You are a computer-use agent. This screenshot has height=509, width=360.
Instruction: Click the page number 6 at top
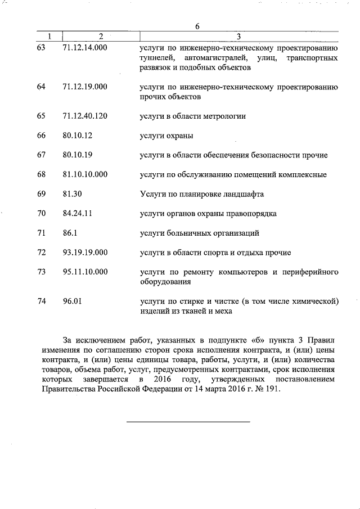coord(197,26)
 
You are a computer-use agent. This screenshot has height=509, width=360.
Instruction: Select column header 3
coord(238,37)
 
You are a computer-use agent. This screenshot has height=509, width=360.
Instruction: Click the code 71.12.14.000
coord(85,48)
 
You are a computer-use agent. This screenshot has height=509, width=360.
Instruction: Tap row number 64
coord(40,87)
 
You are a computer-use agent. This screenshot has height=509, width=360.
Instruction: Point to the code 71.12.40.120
coord(85,116)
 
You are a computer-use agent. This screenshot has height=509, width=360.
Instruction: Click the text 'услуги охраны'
coord(166,136)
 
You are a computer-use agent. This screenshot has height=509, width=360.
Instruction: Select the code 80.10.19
coord(78,155)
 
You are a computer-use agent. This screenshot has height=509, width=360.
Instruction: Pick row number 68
coord(40,174)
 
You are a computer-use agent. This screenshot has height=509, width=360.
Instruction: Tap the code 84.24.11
coord(78,213)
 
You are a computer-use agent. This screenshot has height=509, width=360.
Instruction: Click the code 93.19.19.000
coord(85,252)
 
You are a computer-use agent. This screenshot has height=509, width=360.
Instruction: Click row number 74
coord(40,301)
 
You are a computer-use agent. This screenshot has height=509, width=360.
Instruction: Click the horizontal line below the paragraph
coord(188,421)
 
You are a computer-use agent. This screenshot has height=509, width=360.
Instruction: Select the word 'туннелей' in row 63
coord(156,58)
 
